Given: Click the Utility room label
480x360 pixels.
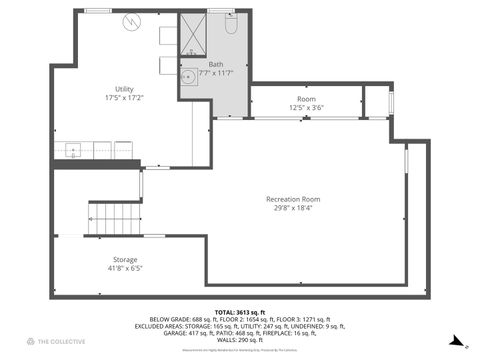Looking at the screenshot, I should pyautogui.click(x=124, y=89).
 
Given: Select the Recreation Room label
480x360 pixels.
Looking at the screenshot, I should pyautogui.click(x=292, y=199).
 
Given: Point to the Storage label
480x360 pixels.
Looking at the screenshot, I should pyautogui.click(x=125, y=259).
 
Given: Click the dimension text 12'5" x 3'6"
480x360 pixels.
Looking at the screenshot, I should pyautogui.click(x=306, y=107).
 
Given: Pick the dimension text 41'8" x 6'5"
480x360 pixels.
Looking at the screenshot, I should pyautogui.click(x=125, y=268).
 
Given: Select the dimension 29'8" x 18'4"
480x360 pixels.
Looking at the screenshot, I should pyautogui.click(x=292, y=208).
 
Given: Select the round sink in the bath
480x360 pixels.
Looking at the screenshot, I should pyautogui.click(x=187, y=77).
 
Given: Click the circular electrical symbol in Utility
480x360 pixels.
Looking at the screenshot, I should pyautogui.click(x=132, y=22).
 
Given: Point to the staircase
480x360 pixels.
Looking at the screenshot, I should pyautogui.click(x=112, y=217).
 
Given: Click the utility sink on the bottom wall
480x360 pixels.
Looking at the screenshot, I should pyautogui.click(x=73, y=151).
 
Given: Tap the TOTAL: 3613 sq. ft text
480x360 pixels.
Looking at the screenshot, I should pyautogui.click(x=239, y=313).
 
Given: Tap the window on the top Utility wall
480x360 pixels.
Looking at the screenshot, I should pyautogui.click(x=97, y=10).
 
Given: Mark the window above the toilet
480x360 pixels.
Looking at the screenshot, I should pyautogui.click(x=221, y=10).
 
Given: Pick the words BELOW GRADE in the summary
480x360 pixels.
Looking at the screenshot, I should pyautogui.click(x=167, y=320).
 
